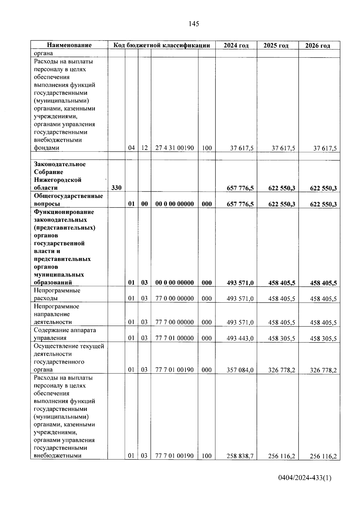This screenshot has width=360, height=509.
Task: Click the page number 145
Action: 194,24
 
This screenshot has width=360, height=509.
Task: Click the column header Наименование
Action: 69,45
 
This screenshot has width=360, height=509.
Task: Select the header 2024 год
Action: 236,45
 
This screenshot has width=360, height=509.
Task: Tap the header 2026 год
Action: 318,46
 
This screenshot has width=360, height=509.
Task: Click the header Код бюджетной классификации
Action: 161,45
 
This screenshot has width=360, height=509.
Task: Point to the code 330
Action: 116,188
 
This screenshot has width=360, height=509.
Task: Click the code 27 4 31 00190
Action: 175,148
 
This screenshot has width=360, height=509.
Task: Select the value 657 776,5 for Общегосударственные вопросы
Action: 240,204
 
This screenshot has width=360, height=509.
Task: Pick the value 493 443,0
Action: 240,338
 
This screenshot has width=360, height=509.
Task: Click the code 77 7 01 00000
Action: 175,338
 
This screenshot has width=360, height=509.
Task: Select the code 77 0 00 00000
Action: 175,298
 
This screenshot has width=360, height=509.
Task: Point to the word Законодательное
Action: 60,164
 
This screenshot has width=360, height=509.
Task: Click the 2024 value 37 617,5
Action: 242,148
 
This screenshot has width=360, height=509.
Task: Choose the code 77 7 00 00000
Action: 175,322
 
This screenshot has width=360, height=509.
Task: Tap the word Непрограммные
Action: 57,290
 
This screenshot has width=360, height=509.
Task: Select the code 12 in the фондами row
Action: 145,148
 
